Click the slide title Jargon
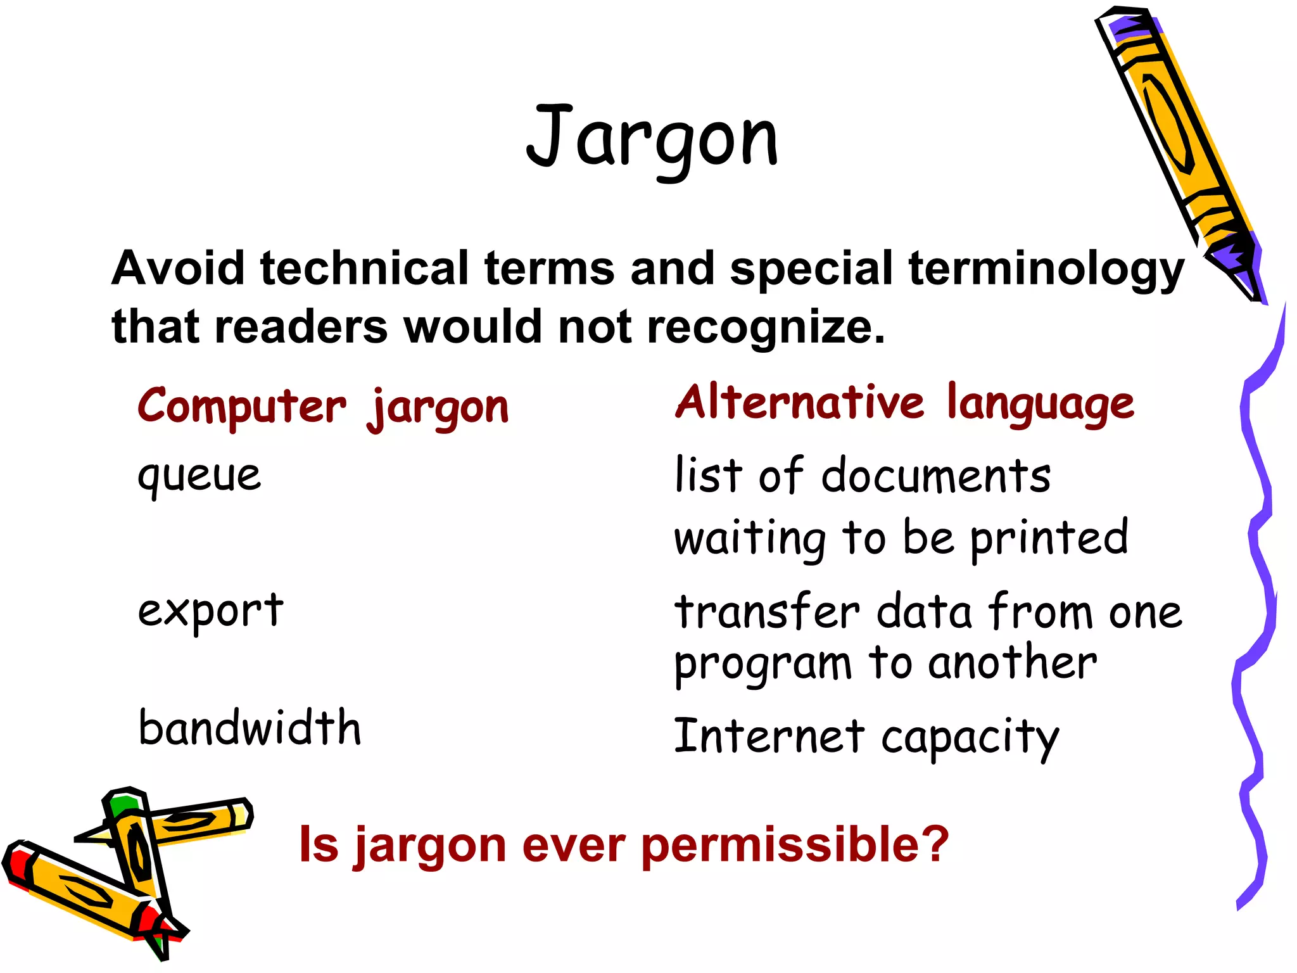tap(652, 139)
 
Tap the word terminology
tap(1046, 269)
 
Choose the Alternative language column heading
tap(904, 403)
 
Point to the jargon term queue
tap(199, 475)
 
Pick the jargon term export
tap(210, 611)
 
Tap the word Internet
tap(769, 736)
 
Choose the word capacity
tap(970, 738)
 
